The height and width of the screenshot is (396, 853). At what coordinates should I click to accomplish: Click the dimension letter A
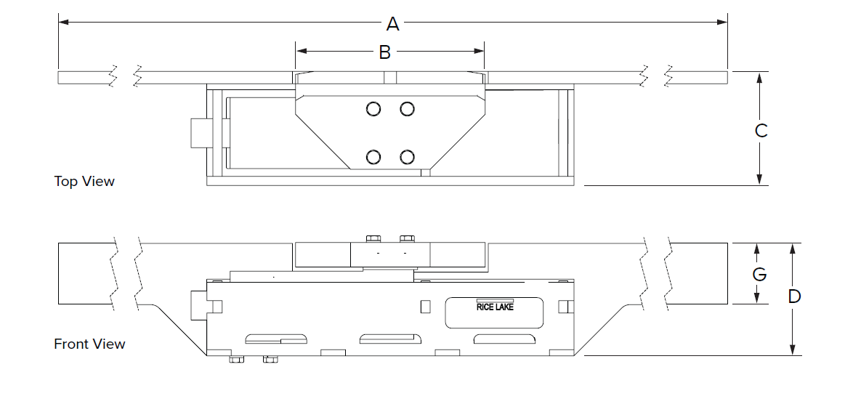(x=393, y=24)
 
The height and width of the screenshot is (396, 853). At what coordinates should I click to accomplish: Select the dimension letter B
(x=384, y=52)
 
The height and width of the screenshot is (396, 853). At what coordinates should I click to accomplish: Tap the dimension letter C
(x=761, y=131)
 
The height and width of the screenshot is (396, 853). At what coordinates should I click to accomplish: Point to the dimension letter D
(x=794, y=296)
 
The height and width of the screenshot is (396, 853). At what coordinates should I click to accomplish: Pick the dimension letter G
(x=759, y=274)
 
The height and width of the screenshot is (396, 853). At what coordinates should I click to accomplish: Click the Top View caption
(x=84, y=181)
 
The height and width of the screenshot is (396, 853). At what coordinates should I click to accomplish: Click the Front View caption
(x=89, y=344)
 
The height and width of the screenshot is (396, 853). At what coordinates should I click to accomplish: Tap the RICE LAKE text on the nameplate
(x=495, y=307)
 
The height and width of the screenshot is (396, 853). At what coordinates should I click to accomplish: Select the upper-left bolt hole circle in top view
(x=373, y=109)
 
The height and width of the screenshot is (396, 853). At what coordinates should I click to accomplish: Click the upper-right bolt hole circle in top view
(x=407, y=109)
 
